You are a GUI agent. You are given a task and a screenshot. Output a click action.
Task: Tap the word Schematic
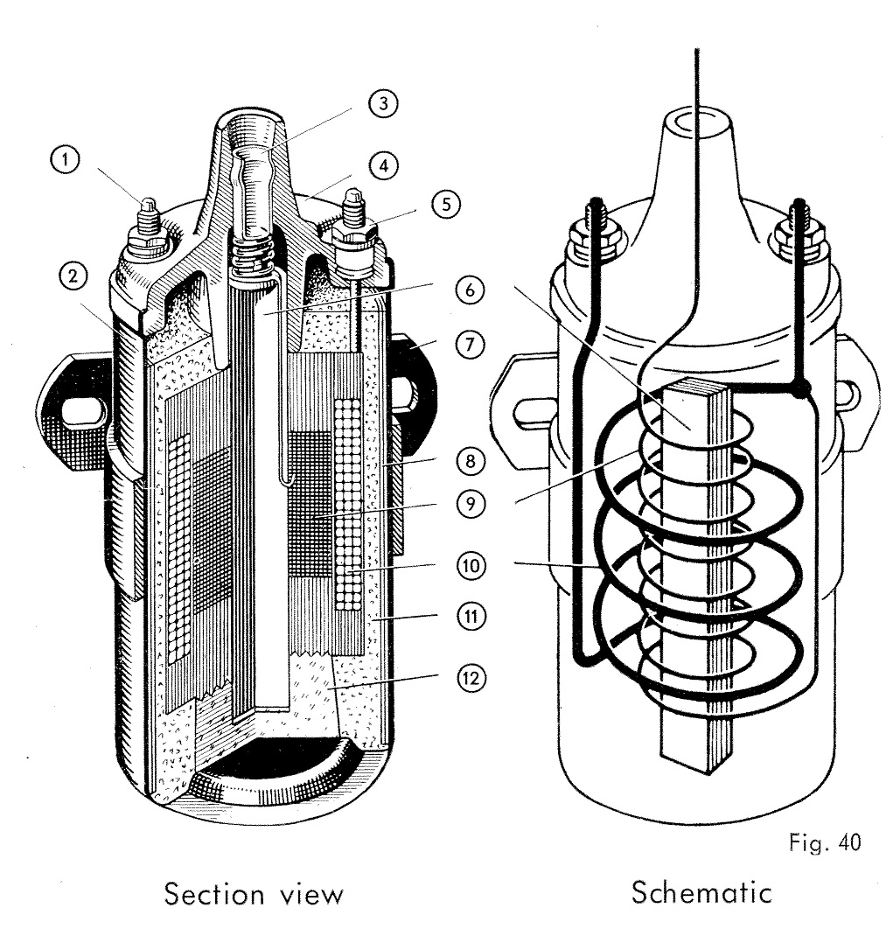tap(701, 893)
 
